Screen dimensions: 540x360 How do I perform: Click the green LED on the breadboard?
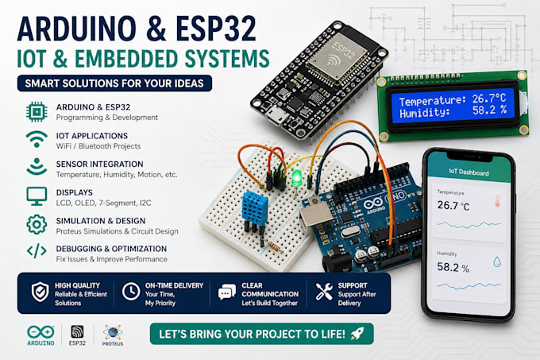pos(295,179)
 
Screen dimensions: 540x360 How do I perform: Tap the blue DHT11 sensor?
pos(255,209)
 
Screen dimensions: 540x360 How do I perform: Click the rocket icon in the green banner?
pos(357,334)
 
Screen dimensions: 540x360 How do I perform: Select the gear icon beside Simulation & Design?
pos(37,225)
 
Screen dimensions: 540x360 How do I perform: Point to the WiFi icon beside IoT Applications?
pos(37,139)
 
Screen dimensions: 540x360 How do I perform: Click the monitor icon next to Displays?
pos(37,196)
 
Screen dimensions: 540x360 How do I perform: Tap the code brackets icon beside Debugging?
pos(37,251)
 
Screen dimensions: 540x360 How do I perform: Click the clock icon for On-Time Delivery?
pos(131,292)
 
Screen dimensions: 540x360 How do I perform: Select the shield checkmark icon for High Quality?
pos(40,292)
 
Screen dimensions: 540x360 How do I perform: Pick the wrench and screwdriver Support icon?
pos(324,292)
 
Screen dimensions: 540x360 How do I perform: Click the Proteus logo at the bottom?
pos(113,335)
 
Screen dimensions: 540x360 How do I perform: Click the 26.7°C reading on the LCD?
pos(489,99)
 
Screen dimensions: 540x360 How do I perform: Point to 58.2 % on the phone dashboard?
pos(453,267)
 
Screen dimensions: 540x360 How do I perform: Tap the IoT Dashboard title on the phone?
pos(469,172)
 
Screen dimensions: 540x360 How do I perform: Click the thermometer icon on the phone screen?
pos(497,202)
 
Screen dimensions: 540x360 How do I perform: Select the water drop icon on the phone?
pos(496,261)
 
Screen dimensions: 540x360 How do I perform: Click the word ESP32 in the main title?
pos(216,29)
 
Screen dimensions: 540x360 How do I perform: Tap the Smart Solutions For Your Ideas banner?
pos(114,83)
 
